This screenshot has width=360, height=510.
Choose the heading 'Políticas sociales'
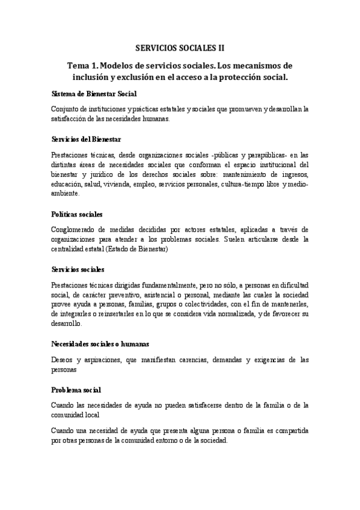(x=77, y=214)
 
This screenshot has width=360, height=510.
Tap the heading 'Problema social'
(x=76, y=389)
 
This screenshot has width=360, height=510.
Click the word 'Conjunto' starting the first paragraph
(x=66, y=109)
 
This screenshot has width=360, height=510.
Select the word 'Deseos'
(x=63, y=359)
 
